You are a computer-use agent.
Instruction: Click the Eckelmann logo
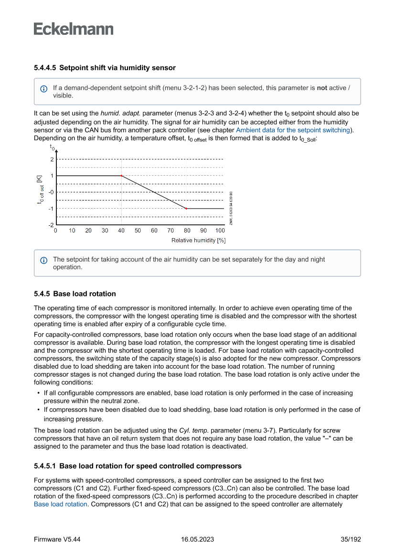pyautogui.click(x=74, y=29)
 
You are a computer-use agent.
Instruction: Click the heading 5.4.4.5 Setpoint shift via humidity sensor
pyautogui.click(x=105, y=68)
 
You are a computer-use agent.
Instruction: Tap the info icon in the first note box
pyautogui.click(x=44, y=89)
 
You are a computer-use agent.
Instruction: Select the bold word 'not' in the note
pyautogui.click(x=322, y=88)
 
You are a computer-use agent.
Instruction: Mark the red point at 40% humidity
pyautogui.click(x=121, y=176)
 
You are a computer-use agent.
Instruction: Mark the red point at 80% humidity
pyautogui.click(x=186, y=209)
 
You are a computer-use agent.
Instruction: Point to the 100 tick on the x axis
pyautogui.click(x=220, y=231)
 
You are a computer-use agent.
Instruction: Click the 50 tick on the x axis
pyautogui.click(x=138, y=231)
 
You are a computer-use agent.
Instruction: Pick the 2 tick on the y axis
pyautogui.click(x=52, y=159)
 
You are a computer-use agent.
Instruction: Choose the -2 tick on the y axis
pyautogui.click(x=51, y=225)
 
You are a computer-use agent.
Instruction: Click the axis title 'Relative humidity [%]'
pyautogui.click(x=198, y=240)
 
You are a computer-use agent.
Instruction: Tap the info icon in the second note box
pyautogui.click(x=44, y=260)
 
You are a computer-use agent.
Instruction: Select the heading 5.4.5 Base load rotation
pyautogui.click(x=75, y=294)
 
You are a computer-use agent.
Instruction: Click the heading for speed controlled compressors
pyautogui.click(x=138, y=466)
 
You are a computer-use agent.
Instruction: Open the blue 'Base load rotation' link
pyautogui.click(x=60, y=504)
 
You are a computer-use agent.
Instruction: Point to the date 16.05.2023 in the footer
pyautogui.click(x=197, y=539)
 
